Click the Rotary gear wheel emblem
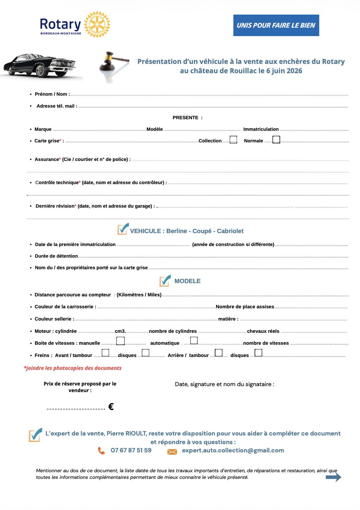pos(97,25)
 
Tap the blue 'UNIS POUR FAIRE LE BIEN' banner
pos(276,25)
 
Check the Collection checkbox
pos(233,140)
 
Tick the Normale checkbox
pos(276,140)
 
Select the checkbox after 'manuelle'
pos(120,341)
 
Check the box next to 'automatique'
pos(194,340)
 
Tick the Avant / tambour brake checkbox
pos(105,353)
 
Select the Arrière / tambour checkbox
pos(218,353)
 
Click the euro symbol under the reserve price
pos(111,407)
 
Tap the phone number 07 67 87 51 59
pos(131,450)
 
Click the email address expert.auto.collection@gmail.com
pos(233,450)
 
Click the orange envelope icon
pos(172,452)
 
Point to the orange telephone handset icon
pos(101,451)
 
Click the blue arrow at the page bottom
pos(333,477)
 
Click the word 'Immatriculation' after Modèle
pos(261,129)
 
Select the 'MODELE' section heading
pos(187,281)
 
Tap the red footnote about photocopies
pos(73,368)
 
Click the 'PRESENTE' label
pos(186,118)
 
